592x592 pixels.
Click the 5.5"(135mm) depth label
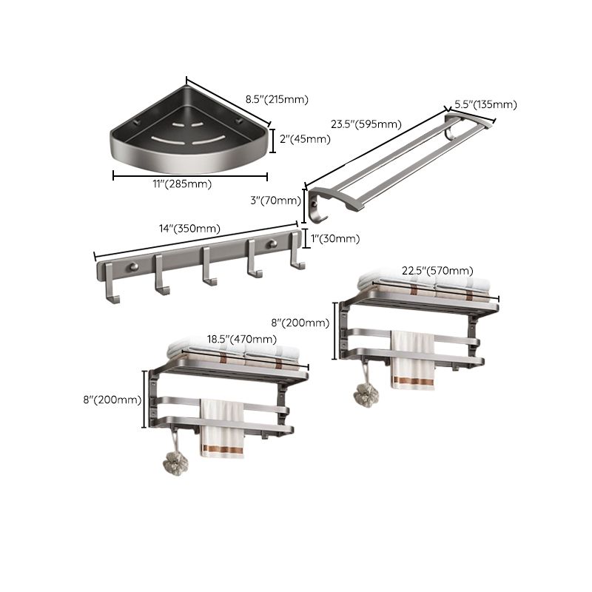[485, 104]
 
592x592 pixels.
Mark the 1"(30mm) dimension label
[334, 238]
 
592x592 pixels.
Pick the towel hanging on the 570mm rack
[412, 360]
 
